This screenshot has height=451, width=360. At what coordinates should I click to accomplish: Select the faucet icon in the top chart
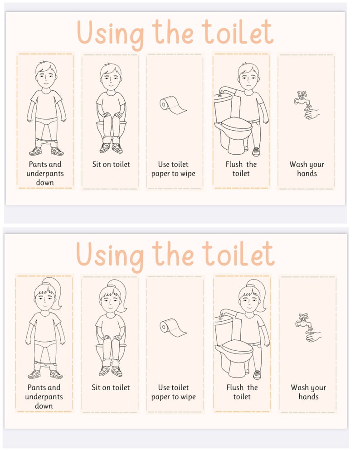(x=302, y=98)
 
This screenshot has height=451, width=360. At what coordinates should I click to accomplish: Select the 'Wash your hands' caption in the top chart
(x=307, y=169)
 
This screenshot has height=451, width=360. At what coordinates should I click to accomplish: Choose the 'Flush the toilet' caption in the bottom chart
(x=242, y=392)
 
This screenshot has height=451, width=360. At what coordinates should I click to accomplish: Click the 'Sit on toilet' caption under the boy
(x=111, y=164)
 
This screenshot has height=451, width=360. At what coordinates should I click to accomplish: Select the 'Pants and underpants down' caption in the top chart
(x=45, y=173)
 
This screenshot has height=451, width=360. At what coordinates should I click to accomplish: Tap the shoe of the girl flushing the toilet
(x=257, y=374)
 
